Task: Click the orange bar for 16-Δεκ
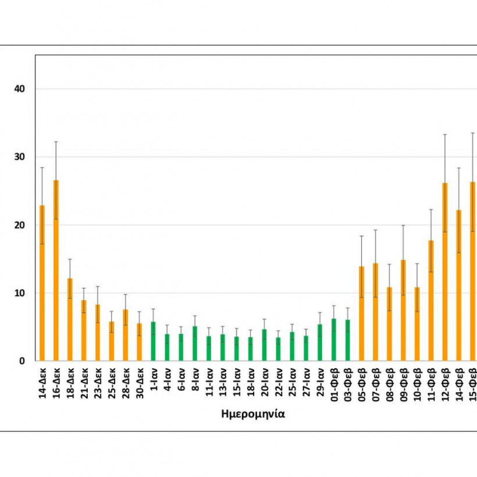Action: pos(56,270)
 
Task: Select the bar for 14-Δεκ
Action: pos(42,283)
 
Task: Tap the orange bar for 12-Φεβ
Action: pos(445,272)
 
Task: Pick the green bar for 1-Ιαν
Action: pos(153,341)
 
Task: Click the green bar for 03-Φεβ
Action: pos(348,340)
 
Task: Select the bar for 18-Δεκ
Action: pos(70,319)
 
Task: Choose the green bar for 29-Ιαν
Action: pos(320,343)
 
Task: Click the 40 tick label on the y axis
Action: pos(20,89)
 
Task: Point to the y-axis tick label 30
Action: pos(20,157)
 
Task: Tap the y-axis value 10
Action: pos(20,293)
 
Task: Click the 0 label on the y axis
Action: pos(23,361)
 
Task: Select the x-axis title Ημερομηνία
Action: pos(253,414)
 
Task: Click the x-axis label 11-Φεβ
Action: pos(432,384)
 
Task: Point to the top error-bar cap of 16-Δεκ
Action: pos(56,141)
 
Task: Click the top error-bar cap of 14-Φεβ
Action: pos(459,168)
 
